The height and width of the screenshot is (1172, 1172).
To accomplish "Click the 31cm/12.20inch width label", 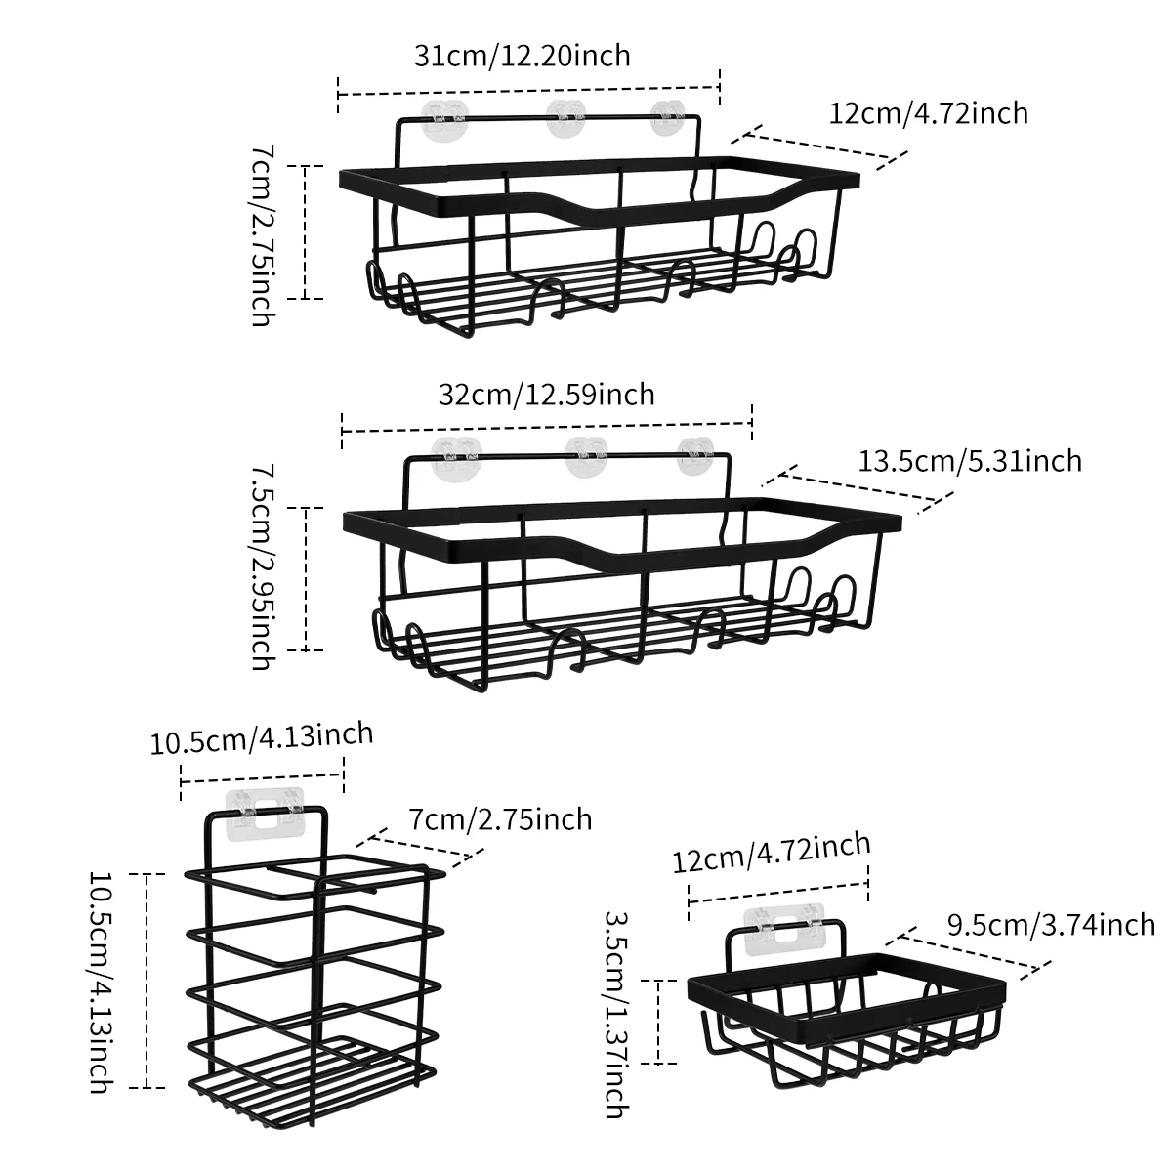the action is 523,55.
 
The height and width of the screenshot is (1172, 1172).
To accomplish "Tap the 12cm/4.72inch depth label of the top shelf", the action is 928,113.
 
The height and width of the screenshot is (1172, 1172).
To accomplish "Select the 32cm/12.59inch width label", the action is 547,395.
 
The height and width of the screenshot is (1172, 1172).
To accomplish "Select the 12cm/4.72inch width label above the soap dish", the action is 772,850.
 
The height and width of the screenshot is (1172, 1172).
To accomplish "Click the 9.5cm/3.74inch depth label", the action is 1051,924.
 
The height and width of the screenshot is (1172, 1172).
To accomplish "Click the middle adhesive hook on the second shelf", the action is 588,452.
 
